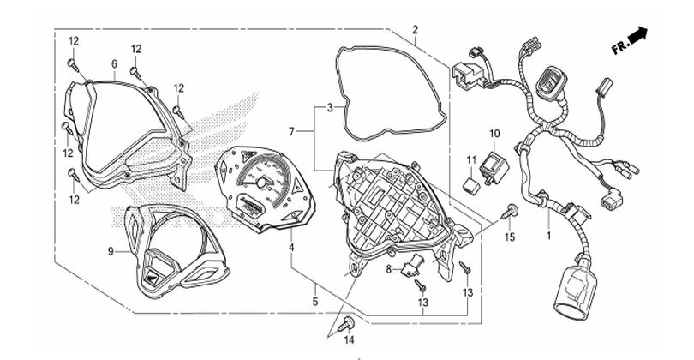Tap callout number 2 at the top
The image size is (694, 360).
[x=415, y=30]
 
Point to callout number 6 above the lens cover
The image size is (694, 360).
[x=114, y=64]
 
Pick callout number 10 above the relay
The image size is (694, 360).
[x=494, y=134]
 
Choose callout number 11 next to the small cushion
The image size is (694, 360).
[x=471, y=160]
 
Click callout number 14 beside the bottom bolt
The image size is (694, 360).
[x=349, y=342]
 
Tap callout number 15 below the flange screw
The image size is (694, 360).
[x=510, y=237]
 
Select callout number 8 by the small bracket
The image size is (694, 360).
[x=387, y=269]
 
